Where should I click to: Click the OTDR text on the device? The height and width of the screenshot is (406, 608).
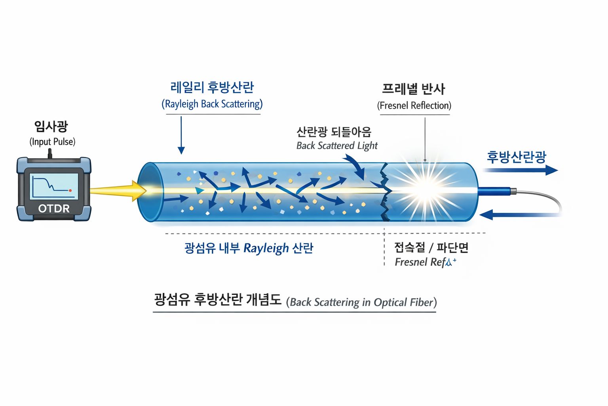click(x=54, y=208)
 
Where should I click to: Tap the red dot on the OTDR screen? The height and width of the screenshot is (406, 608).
click(x=70, y=191)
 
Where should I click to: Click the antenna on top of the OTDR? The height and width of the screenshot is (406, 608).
click(x=49, y=153)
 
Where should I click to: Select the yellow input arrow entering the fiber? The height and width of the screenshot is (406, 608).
click(x=119, y=191)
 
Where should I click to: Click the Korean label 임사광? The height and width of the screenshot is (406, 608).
click(x=51, y=126)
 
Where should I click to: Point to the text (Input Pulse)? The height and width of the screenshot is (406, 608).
click(x=52, y=142)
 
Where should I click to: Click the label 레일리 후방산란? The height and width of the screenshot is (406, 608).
click(x=212, y=87)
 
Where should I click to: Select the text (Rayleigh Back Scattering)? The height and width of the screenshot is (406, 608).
click(x=212, y=104)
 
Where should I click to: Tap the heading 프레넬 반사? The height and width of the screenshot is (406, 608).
click(x=414, y=89)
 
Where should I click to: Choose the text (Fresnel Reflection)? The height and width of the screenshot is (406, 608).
click(x=414, y=105)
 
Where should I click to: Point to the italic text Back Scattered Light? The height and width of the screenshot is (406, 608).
click(x=337, y=146)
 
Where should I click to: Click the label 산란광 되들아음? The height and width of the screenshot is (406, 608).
click(x=334, y=132)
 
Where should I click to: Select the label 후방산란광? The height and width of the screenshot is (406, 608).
click(x=517, y=157)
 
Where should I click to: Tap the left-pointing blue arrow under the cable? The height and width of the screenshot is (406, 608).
click(x=515, y=215)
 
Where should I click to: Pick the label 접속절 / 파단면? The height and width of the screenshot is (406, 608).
click(x=431, y=247)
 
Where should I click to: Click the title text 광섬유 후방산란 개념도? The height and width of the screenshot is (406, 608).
click(x=218, y=299)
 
